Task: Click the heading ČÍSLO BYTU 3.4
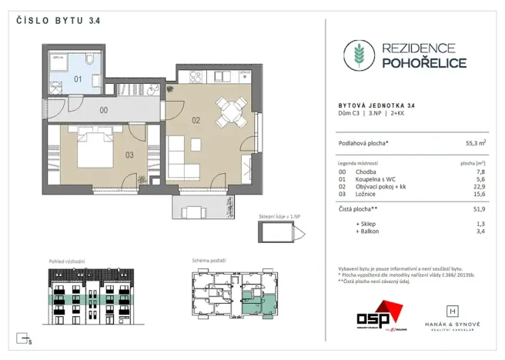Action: (x=53, y=21)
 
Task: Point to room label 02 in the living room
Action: (x=196, y=120)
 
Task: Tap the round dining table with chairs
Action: (x=229, y=112)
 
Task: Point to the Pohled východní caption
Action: (x=66, y=262)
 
